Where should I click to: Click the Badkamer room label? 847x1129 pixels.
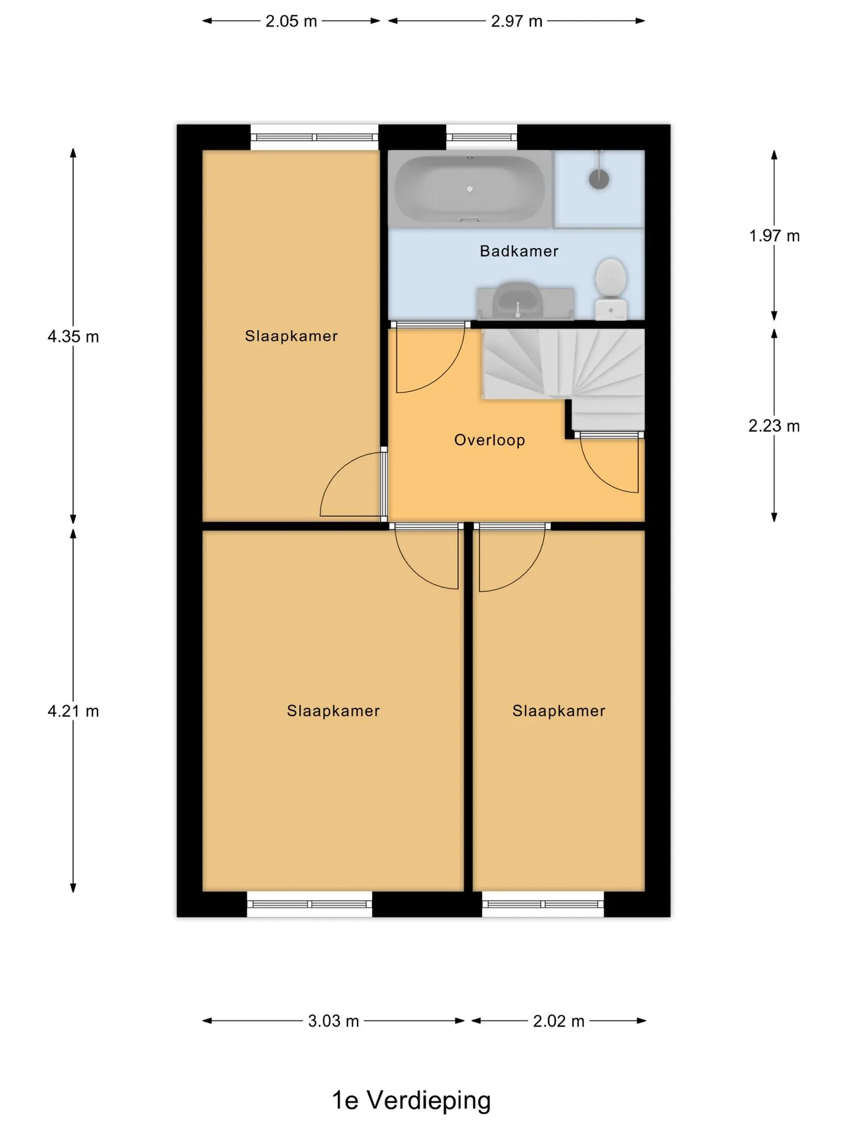(x=519, y=251)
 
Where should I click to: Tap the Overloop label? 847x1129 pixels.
(x=489, y=440)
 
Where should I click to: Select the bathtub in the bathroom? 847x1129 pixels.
(x=470, y=189)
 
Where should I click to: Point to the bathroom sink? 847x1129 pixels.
(x=518, y=301)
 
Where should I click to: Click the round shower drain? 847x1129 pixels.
(x=599, y=178)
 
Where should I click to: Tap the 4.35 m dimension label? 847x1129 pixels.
(x=73, y=336)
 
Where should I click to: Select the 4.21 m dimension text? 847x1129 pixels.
(x=73, y=711)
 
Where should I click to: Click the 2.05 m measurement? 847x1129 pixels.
(x=291, y=21)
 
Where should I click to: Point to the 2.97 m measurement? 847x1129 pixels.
(x=516, y=21)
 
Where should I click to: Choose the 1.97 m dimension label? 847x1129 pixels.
(x=774, y=236)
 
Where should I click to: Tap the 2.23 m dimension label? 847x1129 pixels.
(x=774, y=426)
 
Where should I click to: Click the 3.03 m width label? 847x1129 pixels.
(x=334, y=1021)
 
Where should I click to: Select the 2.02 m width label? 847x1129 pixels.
(x=559, y=1021)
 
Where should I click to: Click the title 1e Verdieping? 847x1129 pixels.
(x=411, y=1100)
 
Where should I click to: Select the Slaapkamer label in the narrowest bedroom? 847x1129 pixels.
(x=559, y=711)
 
